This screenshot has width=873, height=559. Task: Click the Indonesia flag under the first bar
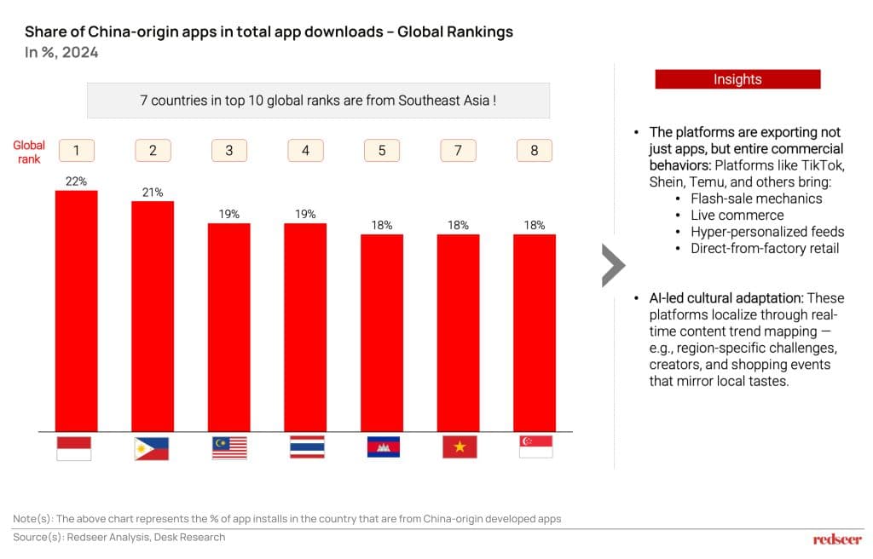click(x=73, y=447)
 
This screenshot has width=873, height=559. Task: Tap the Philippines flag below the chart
click(x=152, y=447)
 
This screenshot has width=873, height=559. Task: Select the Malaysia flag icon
click(x=228, y=447)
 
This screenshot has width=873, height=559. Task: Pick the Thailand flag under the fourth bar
click(x=306, y=447)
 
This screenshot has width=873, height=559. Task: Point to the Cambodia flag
click(x=383, y=447)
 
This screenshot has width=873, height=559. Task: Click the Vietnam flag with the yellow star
click(x=460, y=447)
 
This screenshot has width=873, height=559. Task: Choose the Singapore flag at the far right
click(x=535, y=447)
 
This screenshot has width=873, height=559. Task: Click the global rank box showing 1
click(x=76, y=151)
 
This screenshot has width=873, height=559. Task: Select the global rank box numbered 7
click(x=458, y=151)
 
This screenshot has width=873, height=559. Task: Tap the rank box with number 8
click(x=535, y=151)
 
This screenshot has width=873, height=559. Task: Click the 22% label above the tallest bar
click(x=76, y=181)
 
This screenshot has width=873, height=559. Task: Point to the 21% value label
click(x=153, y=192)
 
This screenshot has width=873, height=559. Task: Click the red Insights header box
click(x=737, y=79)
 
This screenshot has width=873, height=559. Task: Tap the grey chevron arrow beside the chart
click(x=613, y=265)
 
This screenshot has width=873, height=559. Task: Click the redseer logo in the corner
click(x=837, y=539)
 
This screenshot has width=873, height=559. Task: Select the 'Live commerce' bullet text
click(x=737, y=215)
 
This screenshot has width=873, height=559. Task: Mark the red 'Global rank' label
click(x=29, y=152)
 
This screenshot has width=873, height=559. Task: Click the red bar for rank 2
click(x=153, y=315)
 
